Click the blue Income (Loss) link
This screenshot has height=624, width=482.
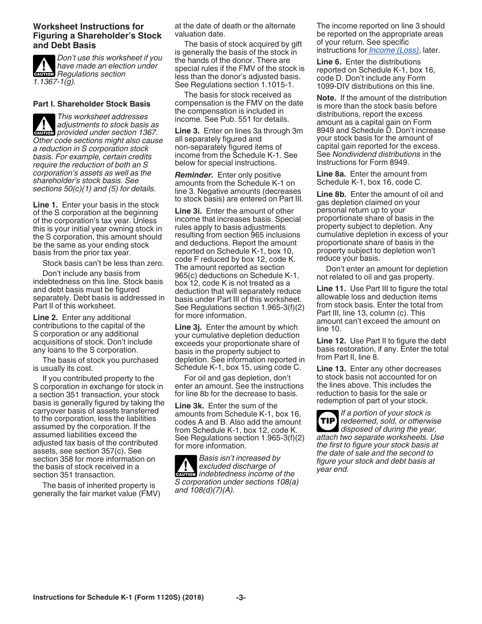click(x=394, y=50)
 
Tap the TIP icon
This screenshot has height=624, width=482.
click(x=327, y=421)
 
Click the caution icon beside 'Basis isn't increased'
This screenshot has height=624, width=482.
click(x=185, y=466)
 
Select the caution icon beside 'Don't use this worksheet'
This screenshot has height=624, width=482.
click(x=44, y=66)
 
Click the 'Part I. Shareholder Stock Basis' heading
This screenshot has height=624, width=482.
click(x=91, y=104)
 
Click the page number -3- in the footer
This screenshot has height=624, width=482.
click(x=241, y=598)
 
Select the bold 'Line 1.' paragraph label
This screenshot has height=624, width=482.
click(x=45, y=205)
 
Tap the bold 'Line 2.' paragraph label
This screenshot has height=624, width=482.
click(x=45, y=318)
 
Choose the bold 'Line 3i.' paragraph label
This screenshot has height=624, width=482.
click(x=188, y=211)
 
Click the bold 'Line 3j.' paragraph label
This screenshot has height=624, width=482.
click(x=188, y=327)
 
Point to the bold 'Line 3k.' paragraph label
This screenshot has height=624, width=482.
click(x=189, y=406)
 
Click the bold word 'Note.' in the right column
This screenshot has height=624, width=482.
click(x=326, y=98)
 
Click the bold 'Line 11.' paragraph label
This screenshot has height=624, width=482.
click(x=331, y=289)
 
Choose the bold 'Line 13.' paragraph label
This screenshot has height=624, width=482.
click(x=331, y=369)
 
